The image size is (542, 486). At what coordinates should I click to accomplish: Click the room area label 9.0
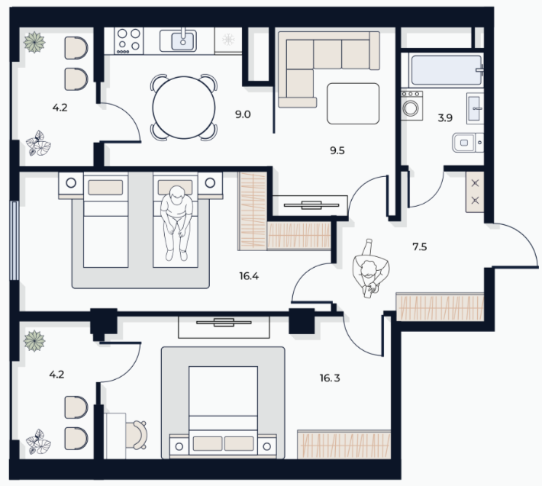tap(243, 114)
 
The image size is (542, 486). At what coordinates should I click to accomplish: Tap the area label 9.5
tap(337, 150)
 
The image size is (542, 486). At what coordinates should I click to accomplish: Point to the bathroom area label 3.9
tap(445, 118)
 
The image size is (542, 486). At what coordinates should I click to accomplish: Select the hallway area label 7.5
tap(420, 247)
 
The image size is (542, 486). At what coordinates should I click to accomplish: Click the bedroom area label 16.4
tap(249, 276)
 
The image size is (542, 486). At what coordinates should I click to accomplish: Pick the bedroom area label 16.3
tap(330, 378)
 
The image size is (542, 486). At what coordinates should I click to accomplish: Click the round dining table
tap(184, 108)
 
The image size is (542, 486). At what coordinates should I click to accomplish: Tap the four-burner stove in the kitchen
tap(128, 40)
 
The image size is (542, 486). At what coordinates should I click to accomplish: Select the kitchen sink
tap(183, 40)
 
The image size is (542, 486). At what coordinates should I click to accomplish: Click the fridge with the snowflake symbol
tap(228, 40)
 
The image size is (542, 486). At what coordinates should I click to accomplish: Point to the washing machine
tap(411, 106)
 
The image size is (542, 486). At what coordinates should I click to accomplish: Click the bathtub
tap(447, 70)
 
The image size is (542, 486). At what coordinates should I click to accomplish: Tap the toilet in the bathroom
tap(468, 143)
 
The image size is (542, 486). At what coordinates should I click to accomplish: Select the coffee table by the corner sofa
tap(353, 104)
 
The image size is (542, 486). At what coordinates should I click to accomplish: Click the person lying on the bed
tap(176, 223)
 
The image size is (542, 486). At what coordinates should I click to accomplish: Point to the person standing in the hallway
tap(370, 269)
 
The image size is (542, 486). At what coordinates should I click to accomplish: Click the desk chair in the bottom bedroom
tap(136, 435)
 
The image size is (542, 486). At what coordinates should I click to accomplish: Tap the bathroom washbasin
tap(475, 108)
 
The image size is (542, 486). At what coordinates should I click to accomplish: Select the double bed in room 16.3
tap(224, 411)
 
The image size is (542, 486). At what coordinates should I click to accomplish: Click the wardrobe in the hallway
tap(440, 307)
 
